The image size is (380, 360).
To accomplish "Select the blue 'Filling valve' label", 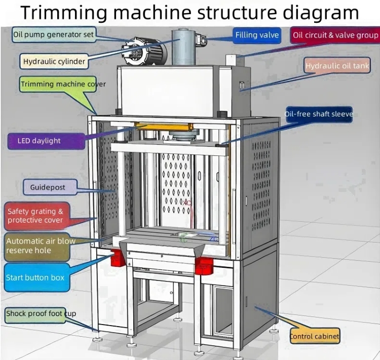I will (x=257, y=35).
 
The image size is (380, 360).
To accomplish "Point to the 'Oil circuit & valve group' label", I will (x=335, y=35).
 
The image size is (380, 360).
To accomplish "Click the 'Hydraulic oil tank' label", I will (x=337, y=66).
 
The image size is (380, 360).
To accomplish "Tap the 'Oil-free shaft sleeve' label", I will (x=318, y=114).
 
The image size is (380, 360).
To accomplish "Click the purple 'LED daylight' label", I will (x=46, y=141).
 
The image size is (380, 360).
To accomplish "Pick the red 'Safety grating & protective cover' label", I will (x=38, y=216).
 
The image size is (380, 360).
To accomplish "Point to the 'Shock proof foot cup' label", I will (x=41, y=314).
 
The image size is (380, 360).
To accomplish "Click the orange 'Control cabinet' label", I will (x=314, y=336).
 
